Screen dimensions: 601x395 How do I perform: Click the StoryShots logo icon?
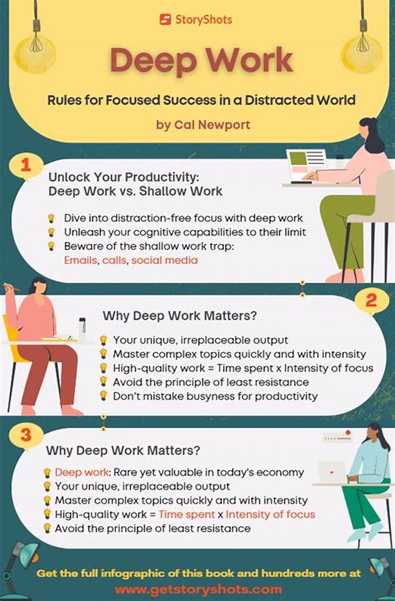[x=164, y=19]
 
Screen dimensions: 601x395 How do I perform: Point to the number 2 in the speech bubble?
[x=371, y=301]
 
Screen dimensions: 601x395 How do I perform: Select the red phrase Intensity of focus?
[x=275, y=514]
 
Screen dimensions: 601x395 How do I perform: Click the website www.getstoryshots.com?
[x=198, y=588]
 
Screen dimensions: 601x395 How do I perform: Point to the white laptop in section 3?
[x=331, y=472]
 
